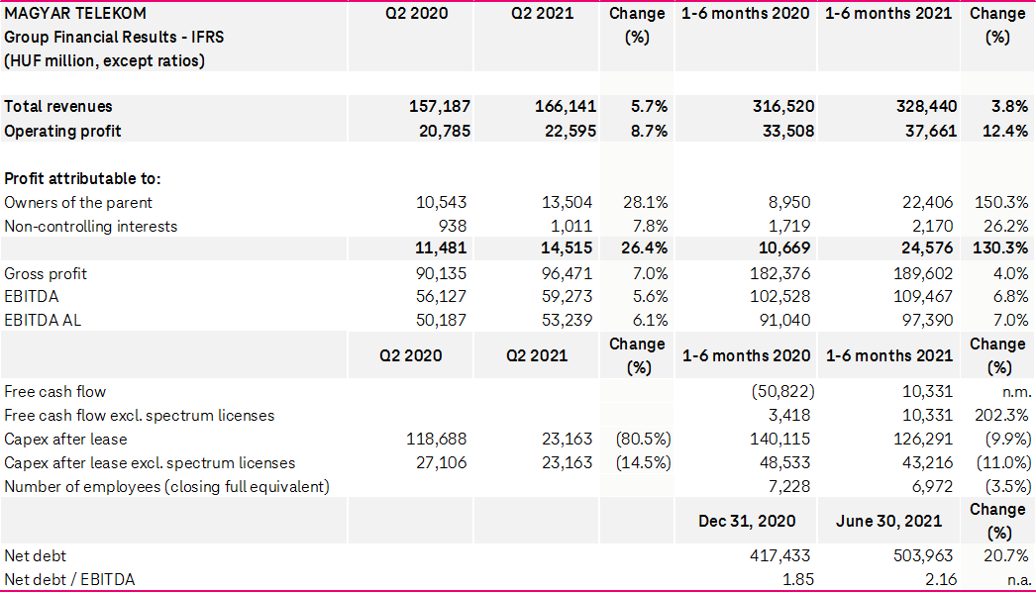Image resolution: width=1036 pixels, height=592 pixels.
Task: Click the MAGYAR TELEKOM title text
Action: click(x=75, y=13)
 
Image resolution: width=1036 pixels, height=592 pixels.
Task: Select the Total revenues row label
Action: click(x=58, y=106)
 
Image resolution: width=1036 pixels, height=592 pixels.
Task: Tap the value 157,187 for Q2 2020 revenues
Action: click(x=440, y=106)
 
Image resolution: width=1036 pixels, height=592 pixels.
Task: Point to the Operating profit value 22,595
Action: click(x=566, y=131)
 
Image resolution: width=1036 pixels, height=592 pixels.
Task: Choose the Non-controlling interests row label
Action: click(x=91, y=226)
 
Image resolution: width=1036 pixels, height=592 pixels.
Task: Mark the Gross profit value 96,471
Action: click(x=568, y=273)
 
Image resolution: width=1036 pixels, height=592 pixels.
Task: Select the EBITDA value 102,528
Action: click(x=781, y=296)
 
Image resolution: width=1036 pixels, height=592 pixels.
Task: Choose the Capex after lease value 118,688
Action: click(x=437, y=439)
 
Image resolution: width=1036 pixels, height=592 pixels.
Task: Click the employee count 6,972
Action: click(x=929, y=486)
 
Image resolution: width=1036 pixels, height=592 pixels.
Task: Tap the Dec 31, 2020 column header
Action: click(x=746, y=521)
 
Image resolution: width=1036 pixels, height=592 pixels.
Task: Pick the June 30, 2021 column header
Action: click(x=888, y=521)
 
